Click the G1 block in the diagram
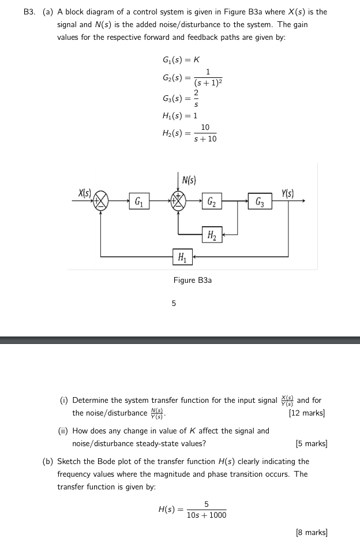coord(139,201)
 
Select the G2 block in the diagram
coord(212,201)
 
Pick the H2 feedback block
coord(212,234)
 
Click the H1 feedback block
coord(182,256)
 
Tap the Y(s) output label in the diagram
coord(288,193)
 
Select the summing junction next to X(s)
coord(102,200)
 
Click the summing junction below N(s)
coord(178,200)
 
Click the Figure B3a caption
coord(193,280)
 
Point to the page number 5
coord(174,303)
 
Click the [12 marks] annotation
coord(306,413)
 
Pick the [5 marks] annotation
coord(311,444)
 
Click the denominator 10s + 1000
coord(207,515)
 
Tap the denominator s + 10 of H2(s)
coord(205,139)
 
